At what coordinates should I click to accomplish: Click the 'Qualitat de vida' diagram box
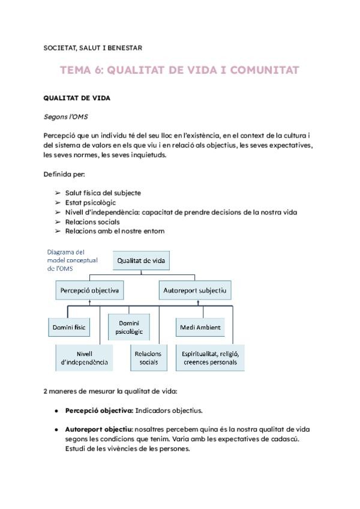click(142, 261)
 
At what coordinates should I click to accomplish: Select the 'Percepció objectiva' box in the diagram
click(89, 291)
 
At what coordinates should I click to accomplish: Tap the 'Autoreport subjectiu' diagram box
click(195, 291)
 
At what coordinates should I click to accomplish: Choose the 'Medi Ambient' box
click(200, 327)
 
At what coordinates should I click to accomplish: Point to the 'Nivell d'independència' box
click(84, 358)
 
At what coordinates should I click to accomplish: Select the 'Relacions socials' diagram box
click(148, 358)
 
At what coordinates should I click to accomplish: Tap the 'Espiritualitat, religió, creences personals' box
click(210, 358)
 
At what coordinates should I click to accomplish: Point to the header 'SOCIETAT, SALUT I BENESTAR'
click(93, 47)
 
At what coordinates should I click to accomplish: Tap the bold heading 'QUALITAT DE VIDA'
click(77, 97)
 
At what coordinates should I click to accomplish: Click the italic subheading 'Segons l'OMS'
click(66, 115)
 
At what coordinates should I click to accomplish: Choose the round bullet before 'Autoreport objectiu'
click(56, 430)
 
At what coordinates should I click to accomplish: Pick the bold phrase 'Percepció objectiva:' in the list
click(99, 411)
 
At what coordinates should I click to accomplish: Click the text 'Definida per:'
click(64, 175)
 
